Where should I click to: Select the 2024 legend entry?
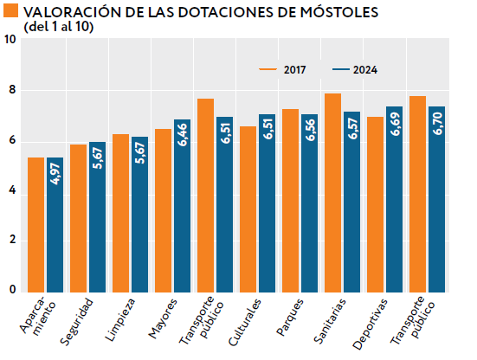click(x=353, y=69)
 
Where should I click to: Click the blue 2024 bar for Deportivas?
click(x=394, y=199)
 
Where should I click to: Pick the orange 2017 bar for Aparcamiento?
click(x=35, y=224)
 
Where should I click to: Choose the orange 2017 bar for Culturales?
click(x=248, y=209)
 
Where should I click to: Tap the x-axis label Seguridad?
click(x=78, y=322)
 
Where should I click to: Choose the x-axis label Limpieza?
click(x=122, y=320)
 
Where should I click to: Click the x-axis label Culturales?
click(x=248, y=322)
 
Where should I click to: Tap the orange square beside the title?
click(x=9, y=11)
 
